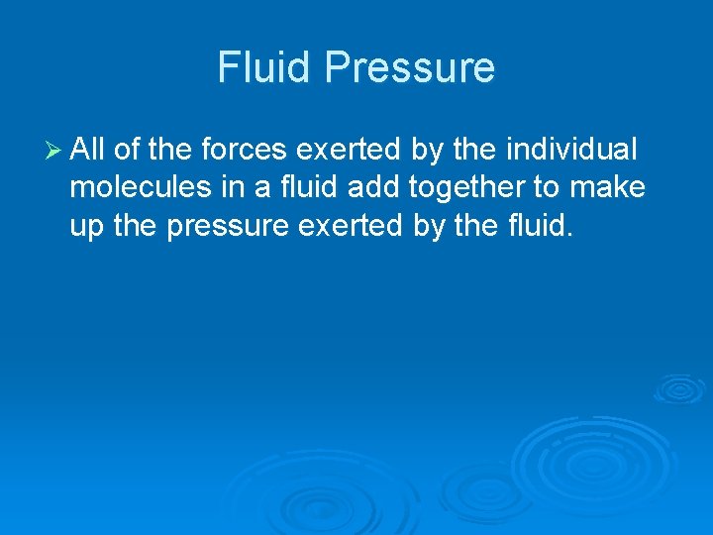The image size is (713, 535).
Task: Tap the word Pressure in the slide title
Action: point(410,67)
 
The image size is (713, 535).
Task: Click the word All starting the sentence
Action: point(88,151)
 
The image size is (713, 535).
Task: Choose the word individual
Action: point(572,151)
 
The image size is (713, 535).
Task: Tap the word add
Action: point(368,188)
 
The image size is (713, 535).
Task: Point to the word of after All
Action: point(126,151)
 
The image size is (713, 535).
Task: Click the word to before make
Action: point(548,188)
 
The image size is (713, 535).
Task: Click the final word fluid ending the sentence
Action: point(538,226)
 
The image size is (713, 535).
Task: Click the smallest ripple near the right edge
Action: point(678,387)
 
